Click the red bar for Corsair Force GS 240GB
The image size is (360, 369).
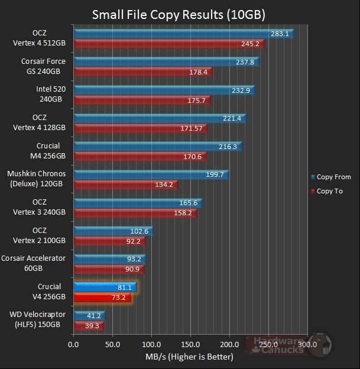(142, 72)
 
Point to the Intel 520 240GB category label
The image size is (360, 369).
(51, 95)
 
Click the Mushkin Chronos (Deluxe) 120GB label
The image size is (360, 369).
(37, 179)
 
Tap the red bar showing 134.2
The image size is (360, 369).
(124, 184)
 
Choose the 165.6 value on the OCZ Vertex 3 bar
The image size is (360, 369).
(189, 203)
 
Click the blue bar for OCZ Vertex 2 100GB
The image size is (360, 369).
(112, 231)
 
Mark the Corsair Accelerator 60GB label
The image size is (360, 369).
(34, 263)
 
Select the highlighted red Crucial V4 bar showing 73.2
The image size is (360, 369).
(102, 297)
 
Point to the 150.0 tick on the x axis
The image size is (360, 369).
(190, 344)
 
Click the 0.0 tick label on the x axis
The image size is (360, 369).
(73, 344)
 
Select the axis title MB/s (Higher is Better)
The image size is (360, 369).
(189, 357)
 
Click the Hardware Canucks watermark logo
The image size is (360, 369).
(284, 345)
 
